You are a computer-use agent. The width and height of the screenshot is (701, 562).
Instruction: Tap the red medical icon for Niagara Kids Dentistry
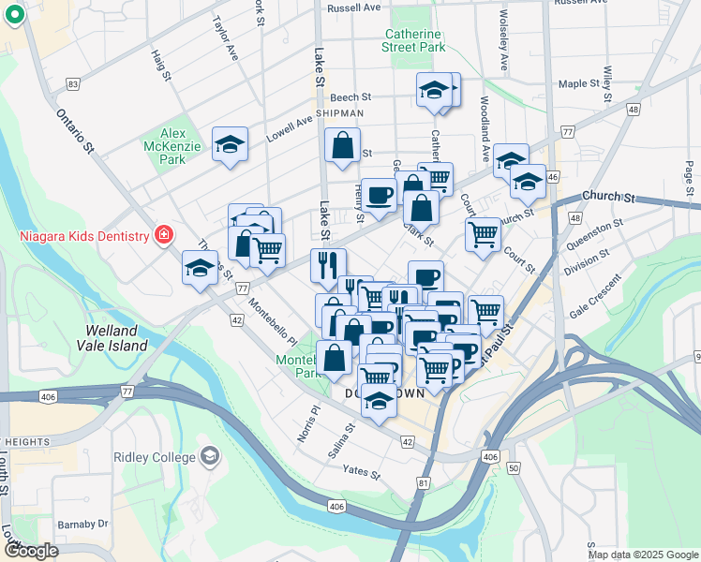[x=164, y=235]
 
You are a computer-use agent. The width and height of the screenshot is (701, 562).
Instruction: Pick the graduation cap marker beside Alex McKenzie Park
[x=229, y=145]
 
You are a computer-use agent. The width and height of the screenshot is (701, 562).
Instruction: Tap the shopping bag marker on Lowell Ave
[x=342, y=146]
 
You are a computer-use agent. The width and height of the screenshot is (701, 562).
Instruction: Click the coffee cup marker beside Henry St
[x=379, y=195]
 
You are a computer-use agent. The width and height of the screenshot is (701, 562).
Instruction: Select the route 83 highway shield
[x=72, y=84]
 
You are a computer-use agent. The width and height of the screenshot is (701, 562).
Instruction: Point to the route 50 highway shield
[x=513, y=466]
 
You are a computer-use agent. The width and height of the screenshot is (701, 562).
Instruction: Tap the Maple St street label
[x=578, y=84]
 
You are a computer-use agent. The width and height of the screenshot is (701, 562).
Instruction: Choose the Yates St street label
[x=361, y=472]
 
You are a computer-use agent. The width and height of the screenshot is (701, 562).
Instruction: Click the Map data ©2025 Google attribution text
[x=642, y=555]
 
